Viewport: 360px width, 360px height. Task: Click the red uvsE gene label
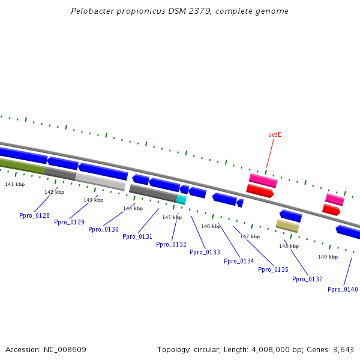coord(274,134)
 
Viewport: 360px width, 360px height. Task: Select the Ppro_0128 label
coord(34,215)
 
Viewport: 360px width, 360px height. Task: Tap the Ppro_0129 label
coord(69,222)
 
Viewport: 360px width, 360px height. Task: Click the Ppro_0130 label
coord(103,229)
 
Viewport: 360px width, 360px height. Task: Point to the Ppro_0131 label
coord(137,236)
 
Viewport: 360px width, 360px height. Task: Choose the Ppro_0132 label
coord(171,244)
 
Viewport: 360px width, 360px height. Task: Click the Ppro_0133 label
coord(205,252)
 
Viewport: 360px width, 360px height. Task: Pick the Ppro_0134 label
coord(239,261)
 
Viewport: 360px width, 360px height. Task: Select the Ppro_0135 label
coord(273,269)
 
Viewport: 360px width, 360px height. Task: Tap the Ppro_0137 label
coord(307,279)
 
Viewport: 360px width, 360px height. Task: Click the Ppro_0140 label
coord(343,289)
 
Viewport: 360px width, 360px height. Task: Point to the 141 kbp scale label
coord(14,184)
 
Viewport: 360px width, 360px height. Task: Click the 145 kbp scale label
coord(172,217)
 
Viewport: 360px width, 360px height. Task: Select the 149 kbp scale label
coord(328,257)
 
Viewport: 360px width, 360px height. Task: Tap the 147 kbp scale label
coord(250,236)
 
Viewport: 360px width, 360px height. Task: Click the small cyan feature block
coord(181,199)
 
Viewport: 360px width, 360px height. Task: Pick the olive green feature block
coord(22,166)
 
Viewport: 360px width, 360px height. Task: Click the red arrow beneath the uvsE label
coord(260,191)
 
